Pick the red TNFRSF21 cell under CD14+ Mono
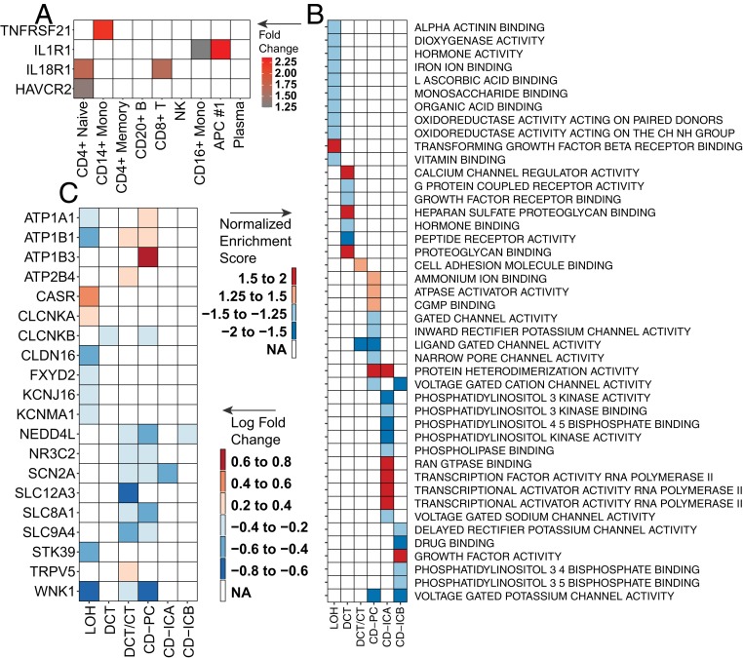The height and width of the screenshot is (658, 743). (x=104, y=29)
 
